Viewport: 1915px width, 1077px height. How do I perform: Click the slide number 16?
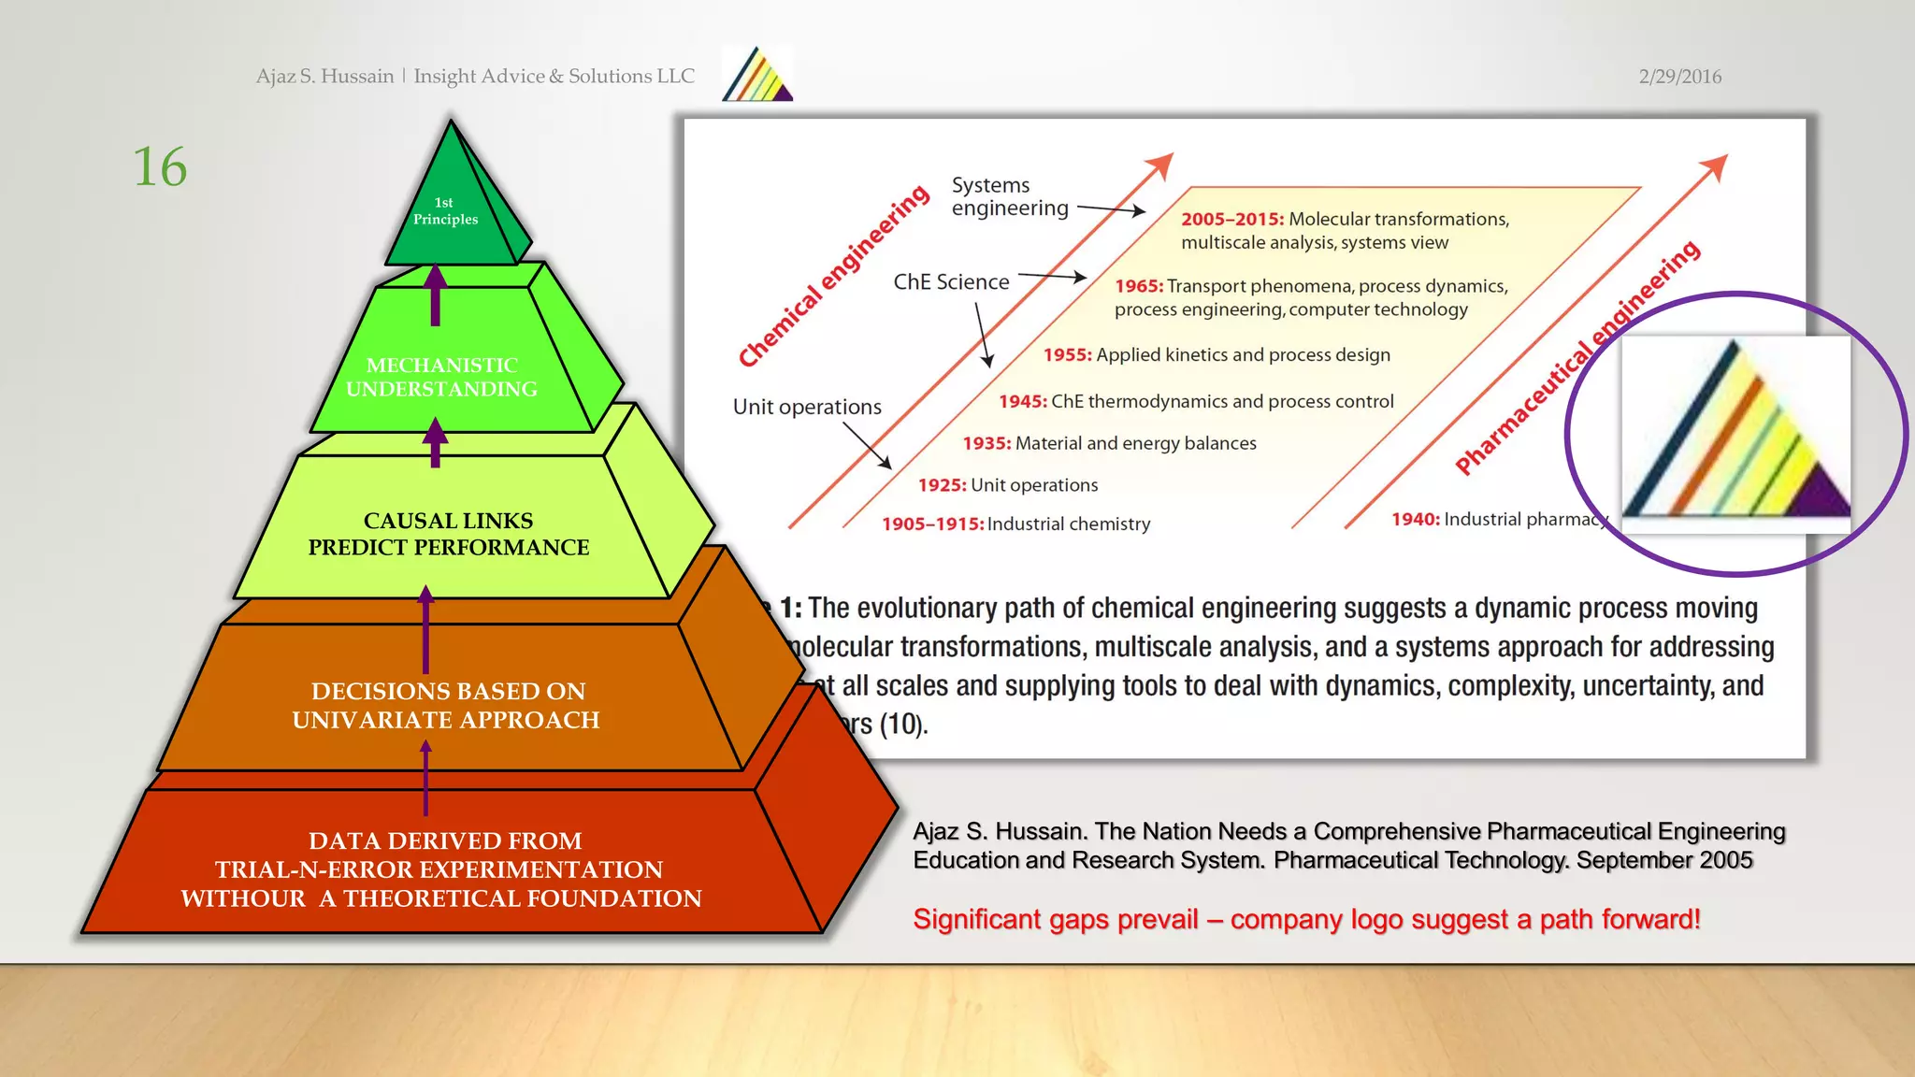click(x=160, y=167)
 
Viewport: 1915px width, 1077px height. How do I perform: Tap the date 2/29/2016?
click(x=1679, y=77)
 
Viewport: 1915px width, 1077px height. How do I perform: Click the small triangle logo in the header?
click(x=757, y=75)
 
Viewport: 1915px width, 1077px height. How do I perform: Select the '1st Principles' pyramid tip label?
click(x=445, y=211)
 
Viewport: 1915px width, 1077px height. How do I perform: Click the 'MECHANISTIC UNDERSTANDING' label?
click(x=441, y=377)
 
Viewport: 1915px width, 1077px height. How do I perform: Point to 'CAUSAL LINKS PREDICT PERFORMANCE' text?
click(x=449, y=534)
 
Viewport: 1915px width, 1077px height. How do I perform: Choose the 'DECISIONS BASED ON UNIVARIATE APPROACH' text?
click(x=446, y=705)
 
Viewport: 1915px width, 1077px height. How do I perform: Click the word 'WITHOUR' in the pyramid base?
click(x=243, y=898)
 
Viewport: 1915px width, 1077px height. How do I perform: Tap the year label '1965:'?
click(x=1138, y=286)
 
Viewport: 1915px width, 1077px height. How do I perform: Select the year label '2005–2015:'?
click(x=1231, y=219)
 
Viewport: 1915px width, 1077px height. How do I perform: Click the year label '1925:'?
click(x=942, y=485)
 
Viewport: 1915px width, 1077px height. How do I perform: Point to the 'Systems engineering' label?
click(x=1009, y=196)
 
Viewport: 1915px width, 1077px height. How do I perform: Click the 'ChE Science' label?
click(x=951, y=282)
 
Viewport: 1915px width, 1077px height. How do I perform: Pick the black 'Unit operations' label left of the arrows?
click(x=807, y=407)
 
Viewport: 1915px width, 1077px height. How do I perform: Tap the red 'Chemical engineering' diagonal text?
click(x=833, y=277)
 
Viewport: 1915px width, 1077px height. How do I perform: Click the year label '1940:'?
click(x=1415, y=519)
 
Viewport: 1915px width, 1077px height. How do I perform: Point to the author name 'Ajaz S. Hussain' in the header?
click(x=324, y=77)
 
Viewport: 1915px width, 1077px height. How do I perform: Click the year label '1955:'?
click(x=1067, y=355)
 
